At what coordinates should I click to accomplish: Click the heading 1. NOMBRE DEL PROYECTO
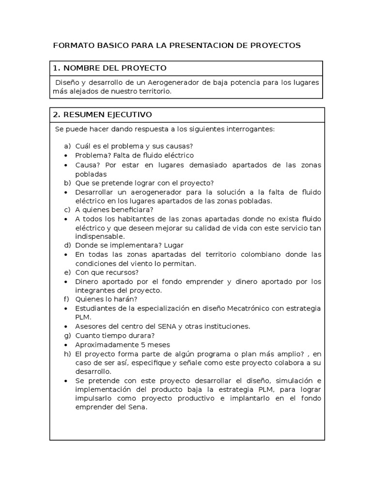(x=109, y=68)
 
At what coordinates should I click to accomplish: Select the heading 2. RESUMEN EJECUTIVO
(x=102, y=115)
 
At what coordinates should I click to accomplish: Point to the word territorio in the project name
(x=153, y=91)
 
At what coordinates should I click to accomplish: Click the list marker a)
(x=67, y=146)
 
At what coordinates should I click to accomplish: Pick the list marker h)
(x=67, y=355)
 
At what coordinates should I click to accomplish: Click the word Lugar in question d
(x=173, y=246)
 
